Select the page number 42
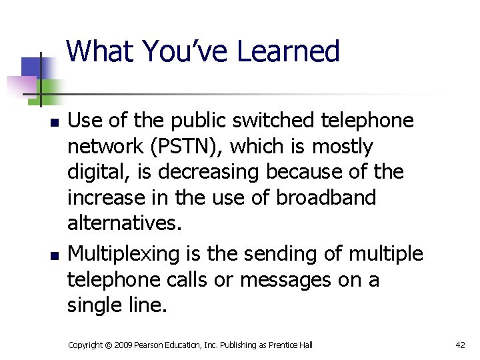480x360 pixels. click(x=460, y=345)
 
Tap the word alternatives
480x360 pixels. click(x=124, y=223)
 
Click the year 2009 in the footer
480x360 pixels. click(x=124, y=345)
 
